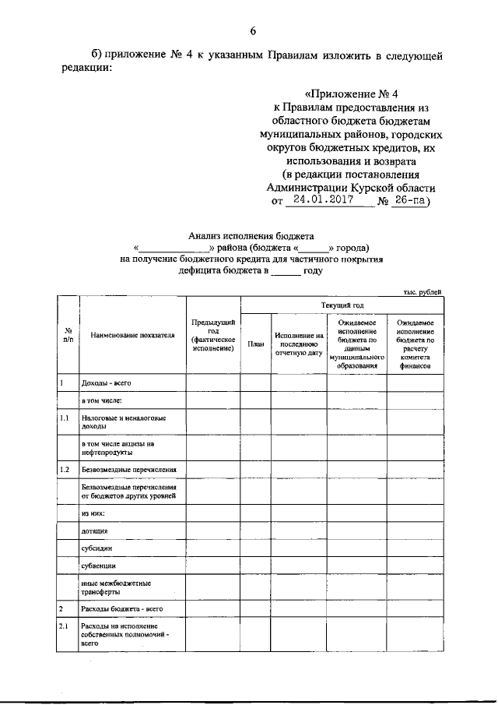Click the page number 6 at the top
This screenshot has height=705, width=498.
click(253, 31)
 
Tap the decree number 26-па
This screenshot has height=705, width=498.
click(409, 199)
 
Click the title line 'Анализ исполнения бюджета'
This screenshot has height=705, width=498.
click(250, 234)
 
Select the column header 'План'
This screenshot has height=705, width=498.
click(255, 343)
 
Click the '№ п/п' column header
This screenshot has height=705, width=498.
click(68, 336)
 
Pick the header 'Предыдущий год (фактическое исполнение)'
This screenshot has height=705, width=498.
click(212, 336)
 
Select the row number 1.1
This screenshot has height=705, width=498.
click(65, 419)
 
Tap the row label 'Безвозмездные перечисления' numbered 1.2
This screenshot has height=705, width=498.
click(128, 470)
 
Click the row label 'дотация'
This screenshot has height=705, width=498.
click(94, 531)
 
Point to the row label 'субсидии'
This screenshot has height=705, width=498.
click(96, 548)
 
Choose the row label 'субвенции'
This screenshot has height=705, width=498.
click(98, 566)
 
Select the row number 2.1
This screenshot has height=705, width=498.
click(65, 626)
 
